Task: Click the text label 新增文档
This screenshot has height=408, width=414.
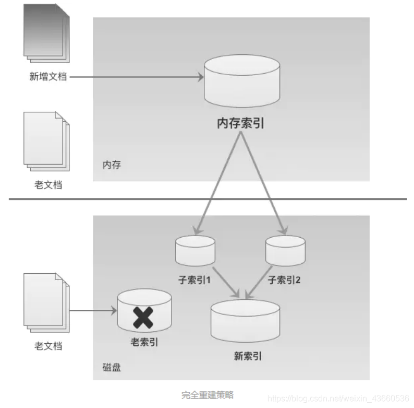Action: pyautogui.click(x=48, y=77)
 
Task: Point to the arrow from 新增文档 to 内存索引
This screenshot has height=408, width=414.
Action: pyautogui.click(x=136, y=77)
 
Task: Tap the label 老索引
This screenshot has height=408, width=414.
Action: pyautogui.click(x=144, y=343)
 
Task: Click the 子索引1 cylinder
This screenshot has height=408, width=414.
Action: pyautogui.click(x=196, y=251)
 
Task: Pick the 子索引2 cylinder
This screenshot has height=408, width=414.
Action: pyautogui.click(x=285, y=251)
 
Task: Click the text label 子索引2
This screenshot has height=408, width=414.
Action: pyautogui.click(x=285, y=279)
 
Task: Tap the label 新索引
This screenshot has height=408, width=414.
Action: pyautogui.click(x=248, y=357)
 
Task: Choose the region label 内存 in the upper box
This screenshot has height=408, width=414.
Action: pyautogui.click(x=112, y=165)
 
